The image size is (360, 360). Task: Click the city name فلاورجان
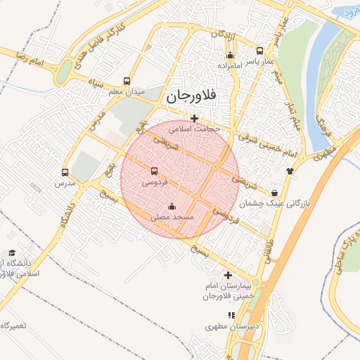(191, 97)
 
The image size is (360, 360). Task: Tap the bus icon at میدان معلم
(127, 81)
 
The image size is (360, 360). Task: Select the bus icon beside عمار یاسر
(259, 51)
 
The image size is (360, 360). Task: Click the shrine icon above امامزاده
(230, 56)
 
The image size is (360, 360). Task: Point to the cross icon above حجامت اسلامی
(195, 118)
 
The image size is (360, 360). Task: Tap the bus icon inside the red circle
(155, 171)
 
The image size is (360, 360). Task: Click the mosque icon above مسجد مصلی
(172, 207)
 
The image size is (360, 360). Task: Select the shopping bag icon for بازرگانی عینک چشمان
(274, 193)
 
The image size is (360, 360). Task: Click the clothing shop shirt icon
(290, 170)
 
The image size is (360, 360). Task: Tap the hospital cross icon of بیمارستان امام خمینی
(227, 276)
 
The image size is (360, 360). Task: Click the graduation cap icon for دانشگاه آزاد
(12, 252)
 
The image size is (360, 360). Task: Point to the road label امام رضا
(39, 60)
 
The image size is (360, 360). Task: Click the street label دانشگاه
(66, 216)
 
